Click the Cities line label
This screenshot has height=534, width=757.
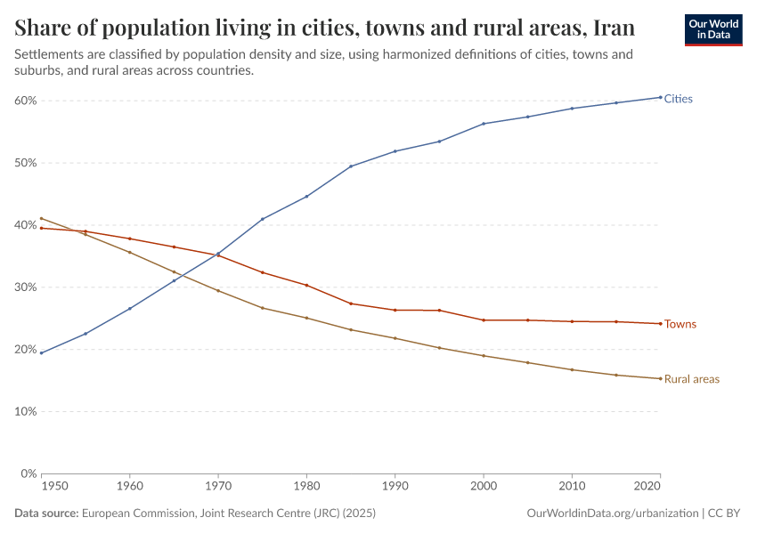[678, 99]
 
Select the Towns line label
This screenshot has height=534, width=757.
[680, 324]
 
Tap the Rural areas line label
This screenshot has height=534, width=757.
[691, 379]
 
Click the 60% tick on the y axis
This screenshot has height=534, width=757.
[24, 101]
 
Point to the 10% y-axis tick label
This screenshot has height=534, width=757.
[24, 411]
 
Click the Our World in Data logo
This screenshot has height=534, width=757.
[712, 28]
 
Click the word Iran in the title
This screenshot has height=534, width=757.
[614, 27]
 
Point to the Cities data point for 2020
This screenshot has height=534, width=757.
[660, 97]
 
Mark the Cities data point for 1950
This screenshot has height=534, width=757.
[41, 353]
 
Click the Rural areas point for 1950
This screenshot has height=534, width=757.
[41, 218]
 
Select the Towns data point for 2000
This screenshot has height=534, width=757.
[484, 320]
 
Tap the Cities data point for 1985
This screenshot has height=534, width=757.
[351, 166]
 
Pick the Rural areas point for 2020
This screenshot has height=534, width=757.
[660, 378]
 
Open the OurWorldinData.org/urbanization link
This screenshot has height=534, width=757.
[612, 514]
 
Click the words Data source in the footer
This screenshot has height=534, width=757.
[46, 514]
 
